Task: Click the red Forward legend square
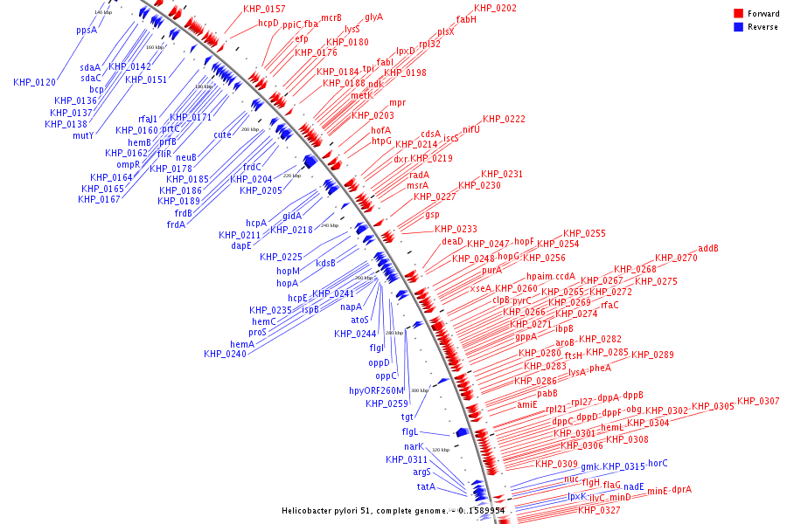click(x=738, y=14)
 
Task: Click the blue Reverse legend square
click(x=738, y=26)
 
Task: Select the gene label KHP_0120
click(x=34, y=82)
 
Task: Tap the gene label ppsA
click(x=87, y=30)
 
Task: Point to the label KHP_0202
click(x=495, y=8)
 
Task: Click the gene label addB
click(x=708, y=248)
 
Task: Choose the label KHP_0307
click(x=758, y=401)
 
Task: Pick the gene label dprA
click(x=682, y=489)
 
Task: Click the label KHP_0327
click(x=599, y=510)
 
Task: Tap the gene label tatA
click(x=426, y=486)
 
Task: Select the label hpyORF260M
click(x=377, y=390)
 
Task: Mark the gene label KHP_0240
click(x=225, y=354)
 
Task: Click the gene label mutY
click(x=83, y=135)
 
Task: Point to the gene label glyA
click(x=373, y=17)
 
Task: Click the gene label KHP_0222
click(x=504, y=119)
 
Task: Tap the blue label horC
click(x=658, y=463)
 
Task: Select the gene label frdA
click(x=176, y=224)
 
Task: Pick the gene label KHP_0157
click(x=264, y=9)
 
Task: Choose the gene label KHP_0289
click(x=652, y=355)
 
